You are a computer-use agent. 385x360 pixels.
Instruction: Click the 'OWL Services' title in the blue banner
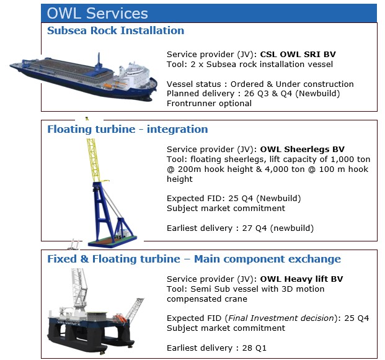pos(97,13)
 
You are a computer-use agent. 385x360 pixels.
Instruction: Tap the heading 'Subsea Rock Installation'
pos(116,30)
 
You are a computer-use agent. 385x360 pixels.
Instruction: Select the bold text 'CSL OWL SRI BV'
pos(298,54)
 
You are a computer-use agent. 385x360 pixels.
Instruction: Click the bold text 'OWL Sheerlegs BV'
pos(303,149)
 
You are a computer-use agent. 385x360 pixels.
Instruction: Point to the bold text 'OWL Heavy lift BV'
pos(301,279)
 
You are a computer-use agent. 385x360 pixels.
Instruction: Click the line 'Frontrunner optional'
pos(209,103)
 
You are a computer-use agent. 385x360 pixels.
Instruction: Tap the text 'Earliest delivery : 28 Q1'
pos(216,348)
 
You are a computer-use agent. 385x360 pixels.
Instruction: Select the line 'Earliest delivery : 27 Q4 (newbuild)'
pos(240,228)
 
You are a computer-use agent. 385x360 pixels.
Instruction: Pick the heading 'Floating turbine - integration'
pos(128,129)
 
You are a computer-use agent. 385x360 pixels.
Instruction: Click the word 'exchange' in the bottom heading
pos(314,259)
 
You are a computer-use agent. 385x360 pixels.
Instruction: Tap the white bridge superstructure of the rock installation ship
pos(135,73)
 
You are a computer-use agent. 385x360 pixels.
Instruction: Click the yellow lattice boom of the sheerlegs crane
pos(94,160)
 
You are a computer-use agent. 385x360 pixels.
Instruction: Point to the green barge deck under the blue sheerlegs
pos(113,241)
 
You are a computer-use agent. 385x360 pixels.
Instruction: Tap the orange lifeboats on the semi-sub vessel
pos(120,318)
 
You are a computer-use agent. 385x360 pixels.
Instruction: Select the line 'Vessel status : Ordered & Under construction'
pos(260,84)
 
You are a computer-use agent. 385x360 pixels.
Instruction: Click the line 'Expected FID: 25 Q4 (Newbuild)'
pos(234,198)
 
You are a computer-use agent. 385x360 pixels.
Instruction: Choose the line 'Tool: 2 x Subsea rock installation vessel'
pos(250,64)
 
